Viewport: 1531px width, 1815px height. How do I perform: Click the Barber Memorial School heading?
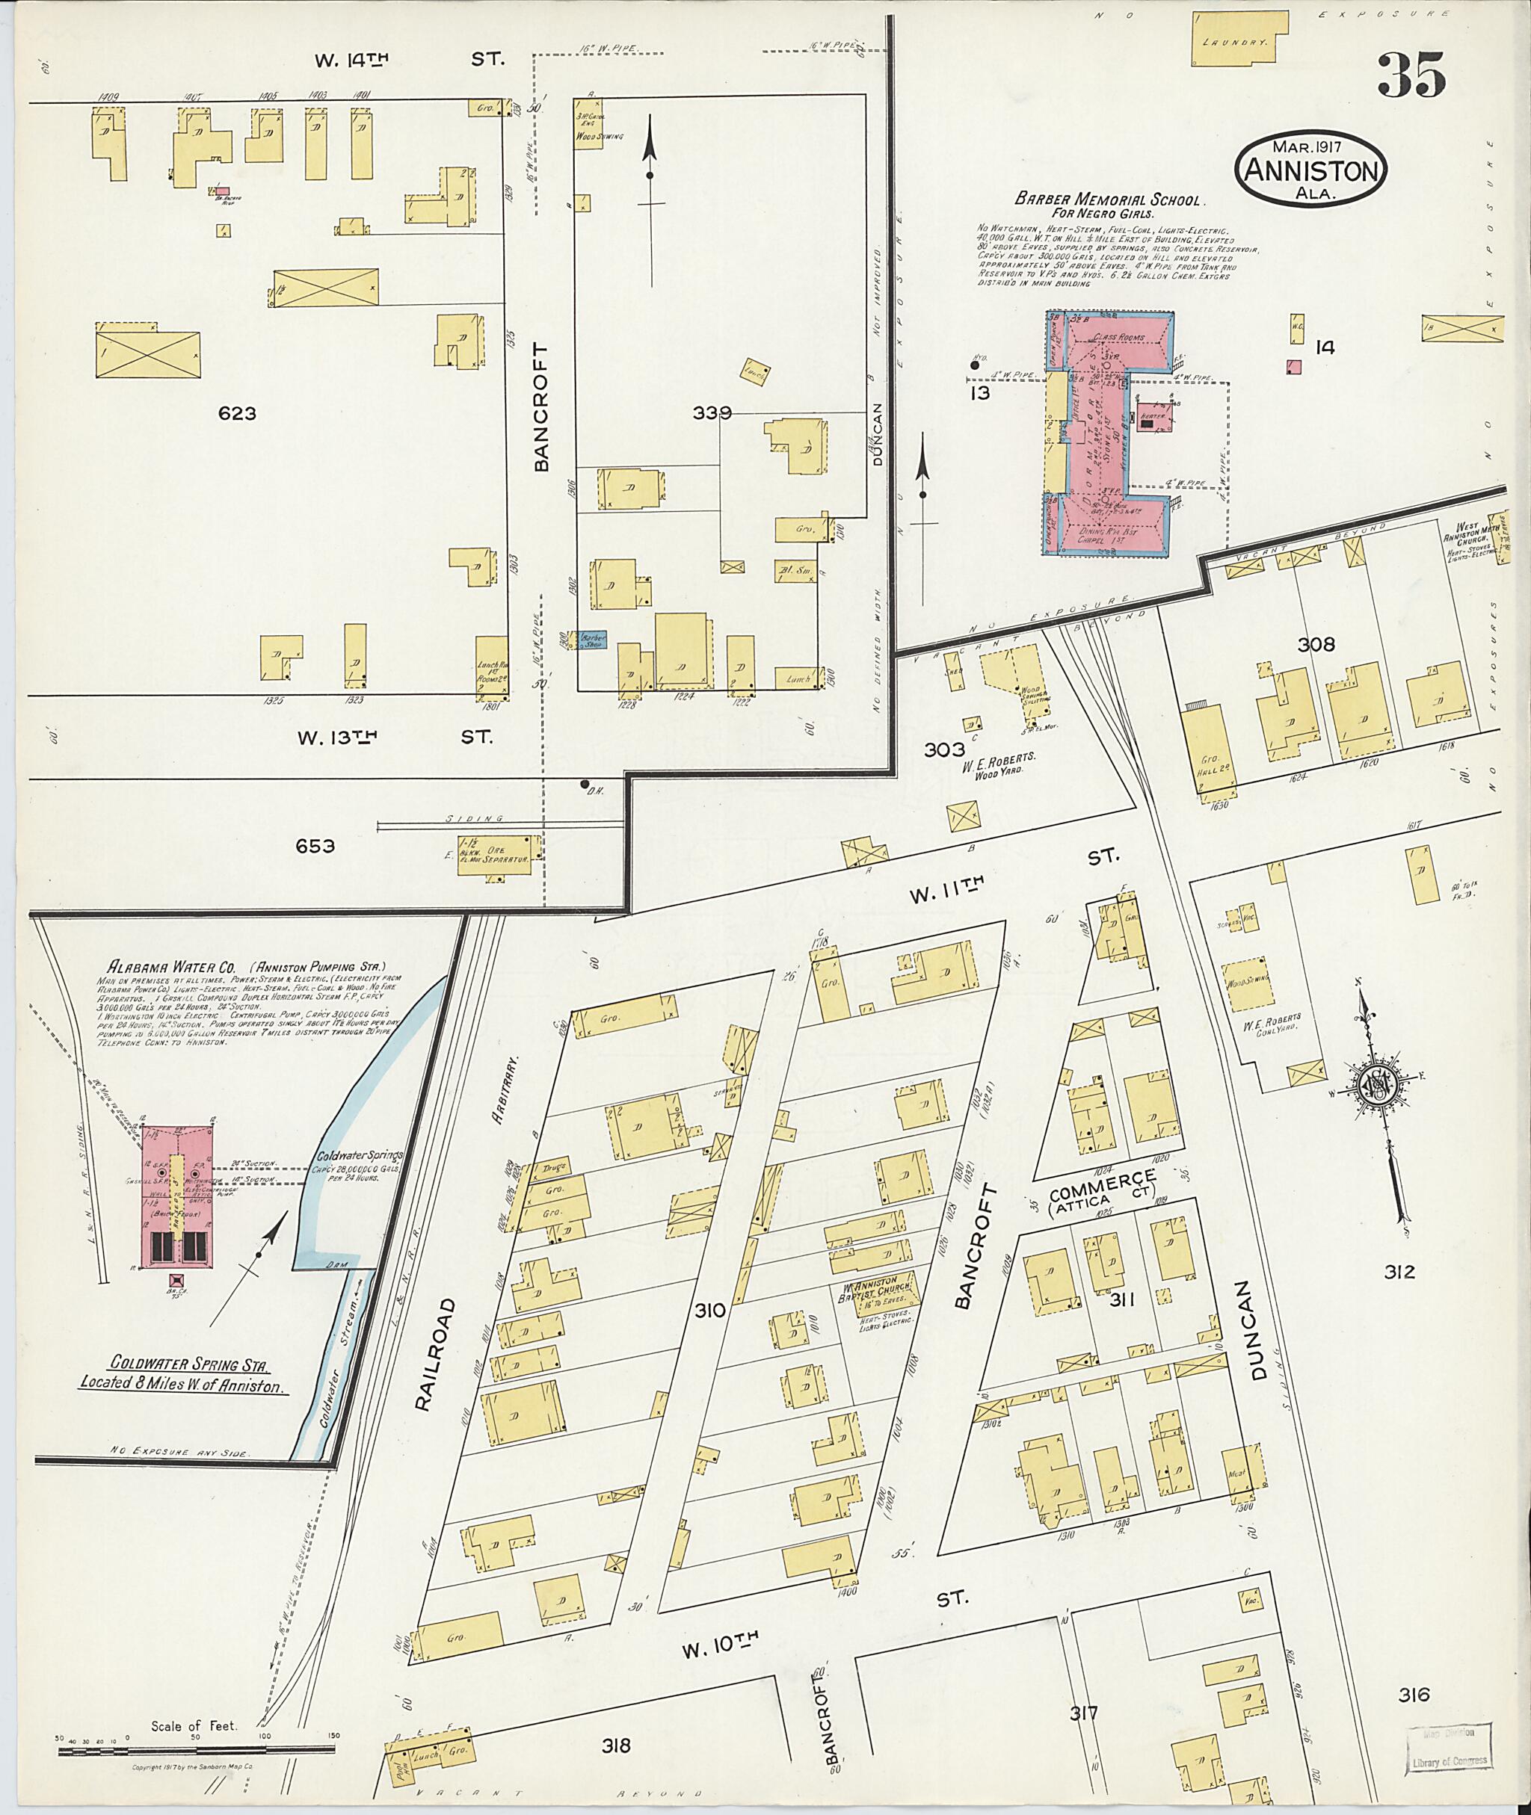click(x=1114, y=200)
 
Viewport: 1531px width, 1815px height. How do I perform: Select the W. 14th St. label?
click(x=405, y=59)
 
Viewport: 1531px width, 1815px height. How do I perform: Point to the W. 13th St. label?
click(x=393, y=738)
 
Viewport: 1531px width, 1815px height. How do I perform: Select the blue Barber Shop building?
click(x=594, y=640)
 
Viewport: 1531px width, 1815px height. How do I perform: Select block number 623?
click(x=237, y=414)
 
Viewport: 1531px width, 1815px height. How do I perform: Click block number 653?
click(x=314, y=846)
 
